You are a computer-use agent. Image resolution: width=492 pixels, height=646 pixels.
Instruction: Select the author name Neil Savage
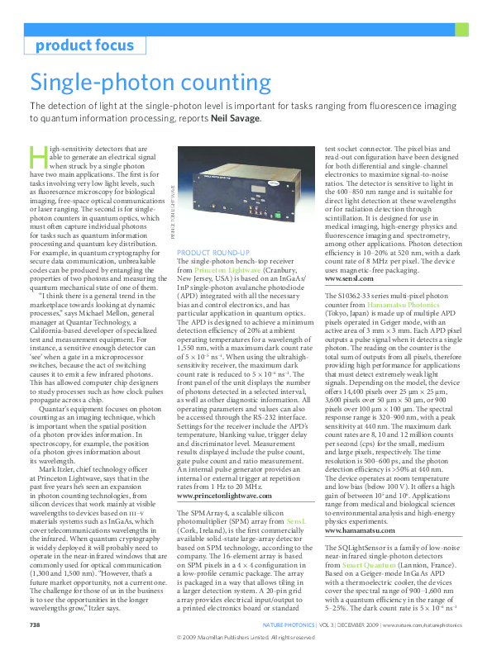[x=236, y=118]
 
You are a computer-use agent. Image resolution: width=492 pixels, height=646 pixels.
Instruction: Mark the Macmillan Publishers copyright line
[x=246, y=638]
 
